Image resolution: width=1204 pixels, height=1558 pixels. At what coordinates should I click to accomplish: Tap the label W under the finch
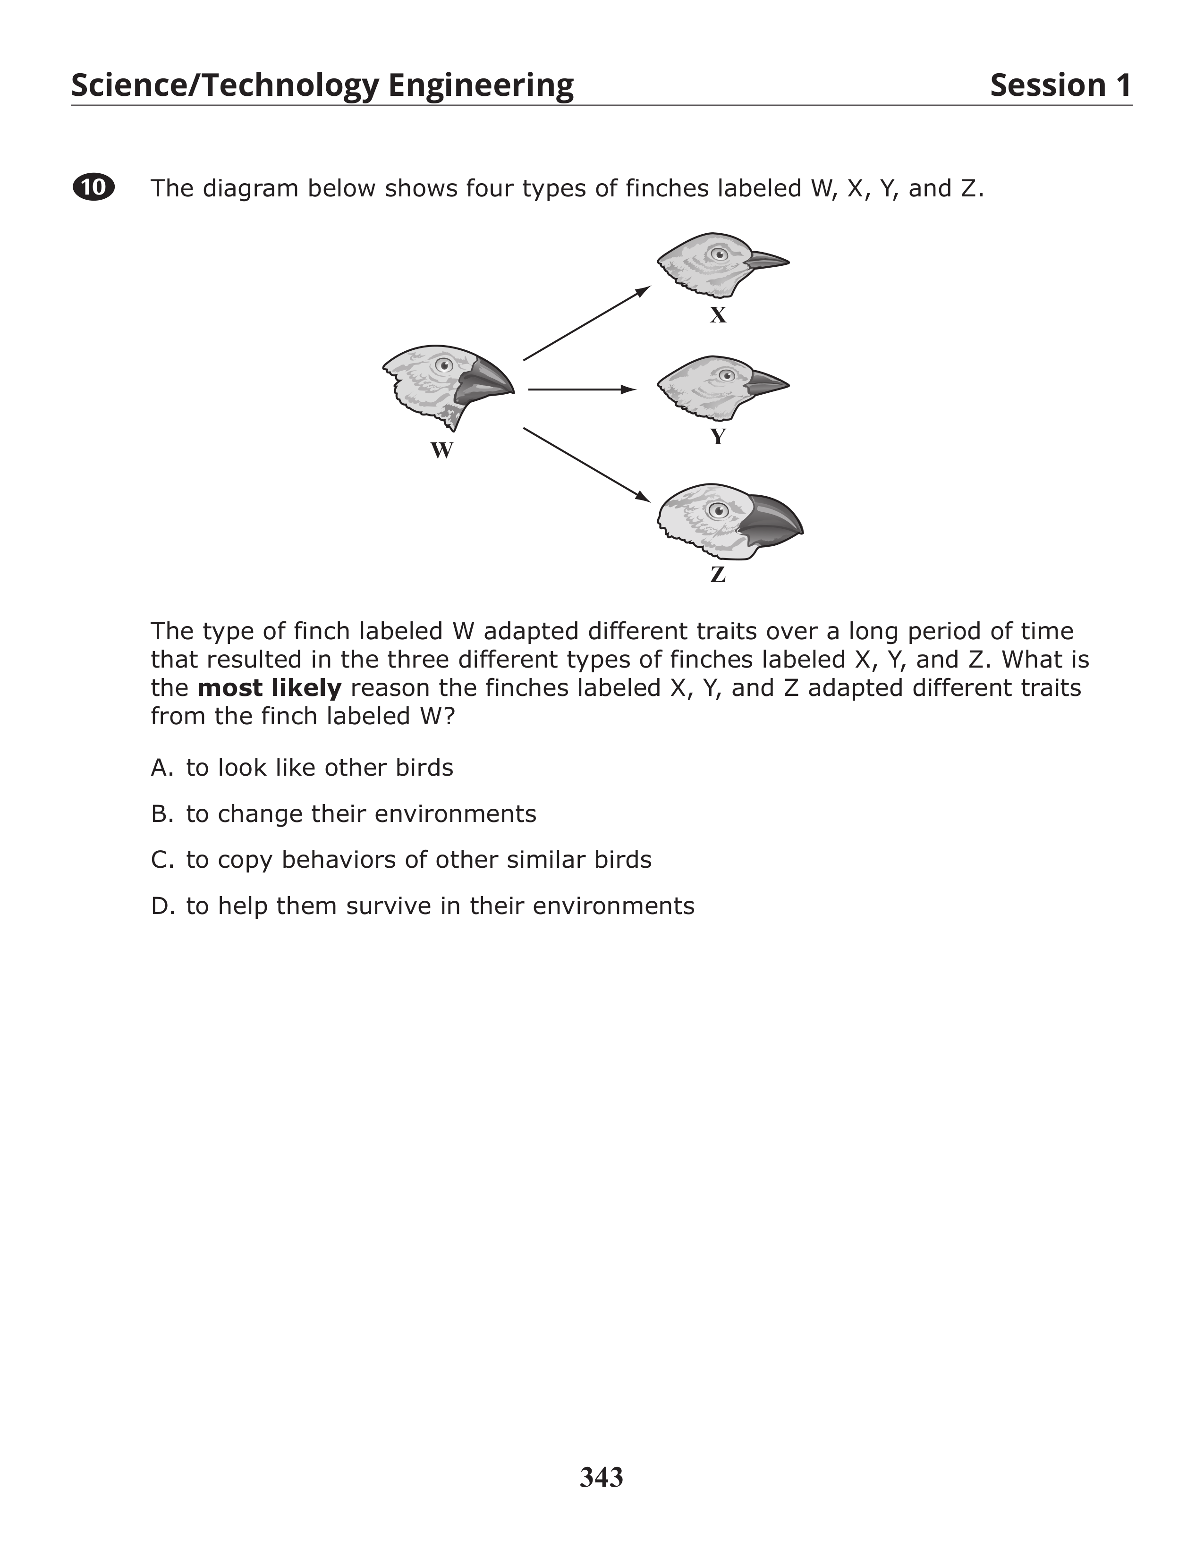(441, 451)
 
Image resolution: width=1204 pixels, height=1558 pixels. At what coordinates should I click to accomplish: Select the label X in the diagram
(718, 315)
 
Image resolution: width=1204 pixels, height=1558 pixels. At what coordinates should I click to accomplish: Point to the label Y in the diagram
(718, 437)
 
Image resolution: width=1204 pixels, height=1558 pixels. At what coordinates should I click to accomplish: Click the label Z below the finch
(718, 574)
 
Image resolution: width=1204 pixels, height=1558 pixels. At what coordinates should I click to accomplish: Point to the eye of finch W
(444, 366)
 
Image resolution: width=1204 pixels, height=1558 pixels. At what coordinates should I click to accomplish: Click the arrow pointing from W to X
(586, 323)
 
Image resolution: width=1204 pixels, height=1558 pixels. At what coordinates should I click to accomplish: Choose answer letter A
(161, 768)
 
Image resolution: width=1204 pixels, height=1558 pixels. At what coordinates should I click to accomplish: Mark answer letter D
(161, 906)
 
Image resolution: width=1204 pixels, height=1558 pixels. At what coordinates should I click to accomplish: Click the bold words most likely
(269, 688)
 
